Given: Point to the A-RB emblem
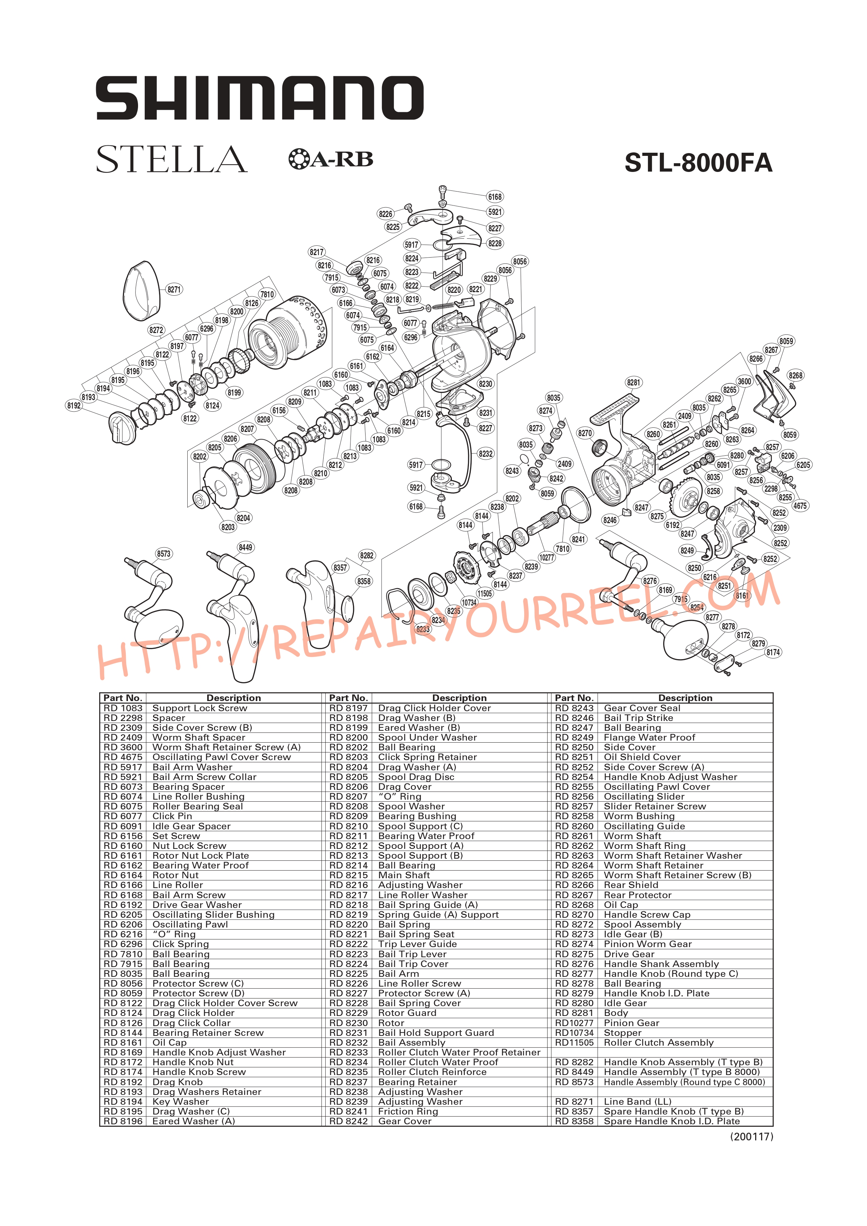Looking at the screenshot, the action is click(331, 159).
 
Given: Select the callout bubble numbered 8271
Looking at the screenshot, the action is click(174, 289).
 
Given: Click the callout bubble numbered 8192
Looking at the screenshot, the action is click(74, 406).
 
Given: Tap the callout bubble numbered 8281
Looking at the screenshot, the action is click(634, 382).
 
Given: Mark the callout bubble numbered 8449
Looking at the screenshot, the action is click(246, 547).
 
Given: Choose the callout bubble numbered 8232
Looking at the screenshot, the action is click(486, 454).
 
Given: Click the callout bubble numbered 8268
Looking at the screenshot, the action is click(795, 375).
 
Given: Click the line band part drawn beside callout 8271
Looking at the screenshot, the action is click(142, 291).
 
